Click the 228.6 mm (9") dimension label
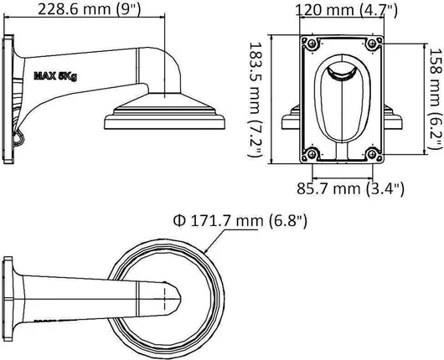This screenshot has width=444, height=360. click(89, 9)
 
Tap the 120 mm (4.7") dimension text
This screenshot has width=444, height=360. click(346, 10)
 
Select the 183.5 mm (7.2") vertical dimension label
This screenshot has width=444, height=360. click(255, 99)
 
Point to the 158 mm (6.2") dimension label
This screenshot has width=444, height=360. click(436, 98)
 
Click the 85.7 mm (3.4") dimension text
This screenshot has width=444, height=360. click(350, 188)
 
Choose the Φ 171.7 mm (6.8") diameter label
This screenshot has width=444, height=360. click(240, 221)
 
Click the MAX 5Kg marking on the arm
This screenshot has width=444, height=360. click(55, 76)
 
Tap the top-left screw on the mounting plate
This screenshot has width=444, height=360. click(312, 44)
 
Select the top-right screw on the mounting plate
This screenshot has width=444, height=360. click(372, 44)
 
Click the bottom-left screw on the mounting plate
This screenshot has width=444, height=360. click(312, 154)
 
